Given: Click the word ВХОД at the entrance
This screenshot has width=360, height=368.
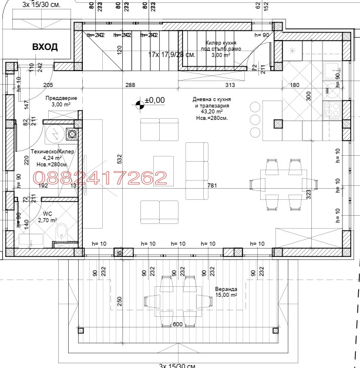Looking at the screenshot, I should [45, 47].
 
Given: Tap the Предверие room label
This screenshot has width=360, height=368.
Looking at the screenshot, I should [62, 98].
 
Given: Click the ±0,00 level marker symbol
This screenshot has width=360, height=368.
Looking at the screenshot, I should [139, 105].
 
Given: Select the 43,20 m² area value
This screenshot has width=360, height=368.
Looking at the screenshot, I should [211, 112].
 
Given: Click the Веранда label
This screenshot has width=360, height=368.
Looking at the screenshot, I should [226, 306].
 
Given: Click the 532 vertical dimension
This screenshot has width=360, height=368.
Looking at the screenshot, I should [119, 159].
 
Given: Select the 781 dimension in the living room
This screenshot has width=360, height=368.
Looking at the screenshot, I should [212, 186].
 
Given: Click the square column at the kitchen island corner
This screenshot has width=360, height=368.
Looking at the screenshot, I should [278, 123].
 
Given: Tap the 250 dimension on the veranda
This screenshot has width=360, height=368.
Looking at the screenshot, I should [119, 300].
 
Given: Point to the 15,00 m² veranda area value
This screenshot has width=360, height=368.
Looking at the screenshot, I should [226, 312].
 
